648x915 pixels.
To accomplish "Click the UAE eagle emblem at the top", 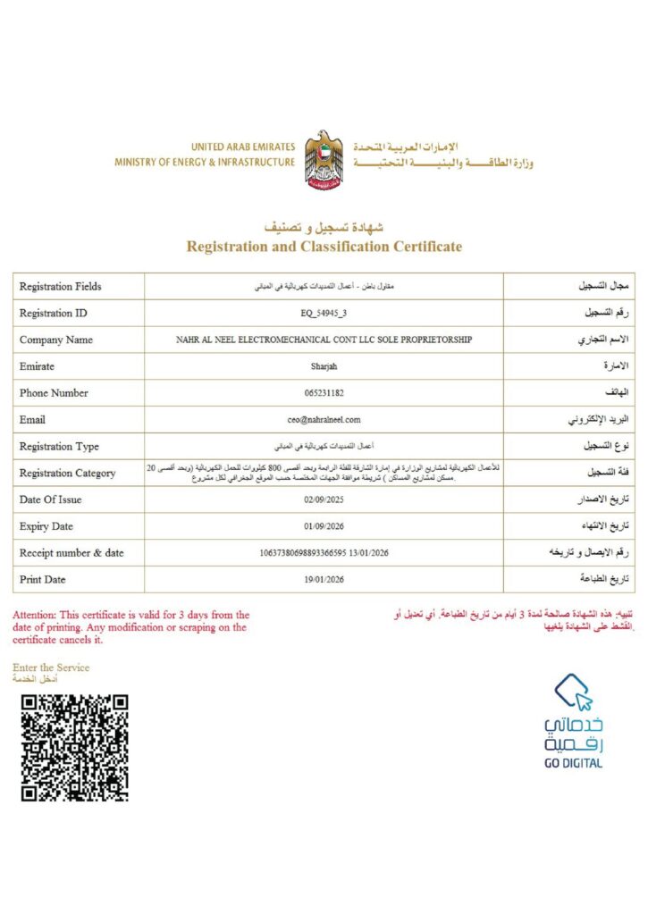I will (324, 159).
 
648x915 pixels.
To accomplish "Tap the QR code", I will (75, 747).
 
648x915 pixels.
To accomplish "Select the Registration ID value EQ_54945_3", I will (324, 314).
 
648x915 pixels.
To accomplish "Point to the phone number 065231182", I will (324, 393).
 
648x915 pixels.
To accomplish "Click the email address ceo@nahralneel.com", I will (324, 420).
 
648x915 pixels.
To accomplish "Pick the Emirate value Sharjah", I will (324, 366).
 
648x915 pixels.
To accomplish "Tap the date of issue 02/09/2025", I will (324, 500).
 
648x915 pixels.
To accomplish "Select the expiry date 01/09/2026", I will (324, 526).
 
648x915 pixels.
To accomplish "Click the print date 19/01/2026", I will (324, 580).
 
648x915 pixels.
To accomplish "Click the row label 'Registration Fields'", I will (60, 287).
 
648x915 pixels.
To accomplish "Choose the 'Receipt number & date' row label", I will (72, 553).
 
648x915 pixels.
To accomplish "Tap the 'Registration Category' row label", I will (67, 474).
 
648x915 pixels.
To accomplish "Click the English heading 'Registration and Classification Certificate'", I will (324, 247).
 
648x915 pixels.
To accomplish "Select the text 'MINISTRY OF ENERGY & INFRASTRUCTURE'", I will (204, 163).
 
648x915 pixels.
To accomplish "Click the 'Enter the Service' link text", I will (51, 667).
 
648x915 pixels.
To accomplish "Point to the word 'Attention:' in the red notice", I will (34, 615).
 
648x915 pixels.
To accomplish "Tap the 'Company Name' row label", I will (55, 340).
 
